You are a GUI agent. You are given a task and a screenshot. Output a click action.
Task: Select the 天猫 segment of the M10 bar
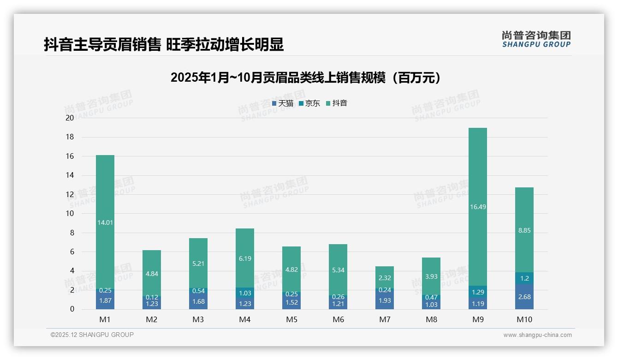[524, 297]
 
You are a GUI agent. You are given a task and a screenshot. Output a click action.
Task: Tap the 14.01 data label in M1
[105, 222]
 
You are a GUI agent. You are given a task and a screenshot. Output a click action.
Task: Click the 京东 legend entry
[309, 103]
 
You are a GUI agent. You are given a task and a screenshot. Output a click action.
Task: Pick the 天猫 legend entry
[283, 103]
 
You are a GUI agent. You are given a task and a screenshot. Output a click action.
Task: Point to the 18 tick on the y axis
[70, 137]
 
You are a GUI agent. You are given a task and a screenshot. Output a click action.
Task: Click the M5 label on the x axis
[291, 319]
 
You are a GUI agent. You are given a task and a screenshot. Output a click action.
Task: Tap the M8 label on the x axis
[431, 319]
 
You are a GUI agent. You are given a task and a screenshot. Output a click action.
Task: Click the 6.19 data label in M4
[245, 259]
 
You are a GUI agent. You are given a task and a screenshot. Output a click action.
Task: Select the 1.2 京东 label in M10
[524, 278]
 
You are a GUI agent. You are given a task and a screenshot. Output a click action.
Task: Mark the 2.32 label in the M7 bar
[385, 278]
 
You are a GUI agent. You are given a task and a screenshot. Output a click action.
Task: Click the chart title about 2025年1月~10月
[305, 78]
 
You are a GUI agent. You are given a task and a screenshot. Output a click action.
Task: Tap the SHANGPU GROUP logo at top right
[536, 39]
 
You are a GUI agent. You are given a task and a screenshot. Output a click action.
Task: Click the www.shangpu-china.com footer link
[537, 335]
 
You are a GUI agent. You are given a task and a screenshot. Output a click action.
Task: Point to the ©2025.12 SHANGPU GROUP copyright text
[92, 335]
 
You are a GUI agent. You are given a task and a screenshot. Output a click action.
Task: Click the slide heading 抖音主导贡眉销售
[164, 44]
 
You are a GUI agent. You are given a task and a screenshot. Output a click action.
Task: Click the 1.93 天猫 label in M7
[385, 300]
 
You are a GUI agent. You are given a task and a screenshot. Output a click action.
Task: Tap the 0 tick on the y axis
[72, 309]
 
